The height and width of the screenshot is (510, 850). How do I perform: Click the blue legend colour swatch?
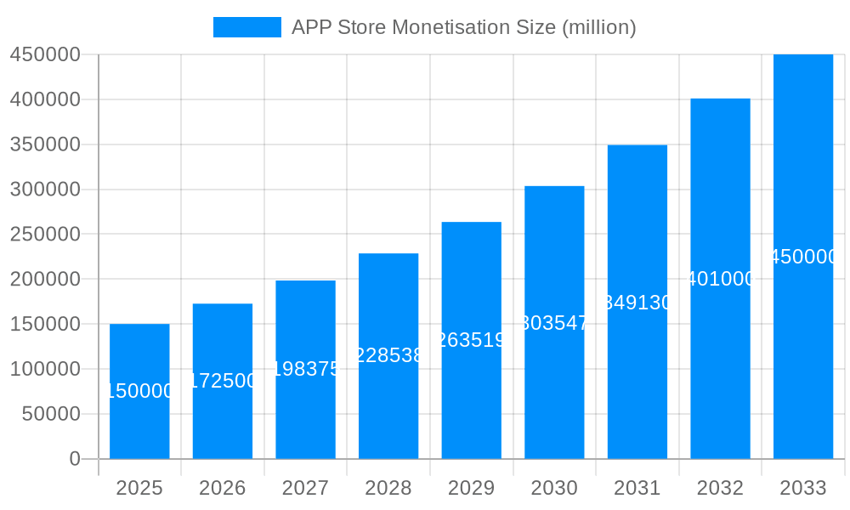click(246, 27)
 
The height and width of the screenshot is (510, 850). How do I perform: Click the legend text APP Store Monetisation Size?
click(463, 27)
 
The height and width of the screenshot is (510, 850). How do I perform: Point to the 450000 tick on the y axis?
click(45, 54)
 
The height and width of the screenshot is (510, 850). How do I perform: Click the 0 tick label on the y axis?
click(74, 459)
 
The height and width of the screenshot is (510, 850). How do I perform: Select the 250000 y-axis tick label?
click(45, 234)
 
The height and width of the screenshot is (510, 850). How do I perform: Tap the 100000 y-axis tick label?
click(45, 369)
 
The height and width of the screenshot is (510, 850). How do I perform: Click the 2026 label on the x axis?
click(223, 488)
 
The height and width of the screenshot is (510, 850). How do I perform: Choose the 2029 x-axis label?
click(471, 488)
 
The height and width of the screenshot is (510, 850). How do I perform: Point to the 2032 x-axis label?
click(720, 488)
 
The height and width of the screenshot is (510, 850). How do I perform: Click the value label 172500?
click(223, 381)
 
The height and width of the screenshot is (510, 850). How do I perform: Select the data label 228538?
click(388, 355)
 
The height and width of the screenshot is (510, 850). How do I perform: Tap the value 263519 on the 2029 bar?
click(471, 340)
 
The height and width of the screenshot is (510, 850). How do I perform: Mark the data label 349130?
click(637, 303)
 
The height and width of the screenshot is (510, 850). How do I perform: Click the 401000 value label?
click(720, 279)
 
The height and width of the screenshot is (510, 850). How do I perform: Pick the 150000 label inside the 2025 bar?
click(139, 391)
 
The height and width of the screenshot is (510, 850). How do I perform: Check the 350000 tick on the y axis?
click(45, 144)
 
